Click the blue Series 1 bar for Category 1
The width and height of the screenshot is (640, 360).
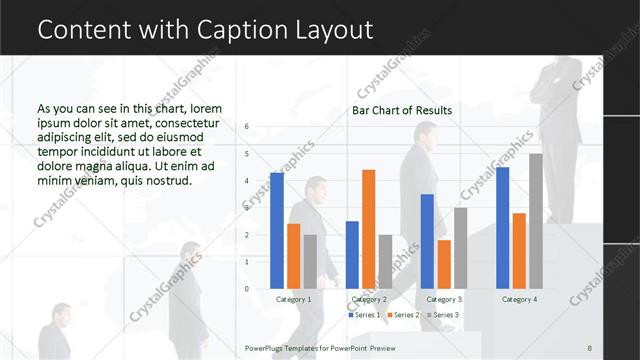pos(277,230)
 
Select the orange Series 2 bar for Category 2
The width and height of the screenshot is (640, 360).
pos(368,229)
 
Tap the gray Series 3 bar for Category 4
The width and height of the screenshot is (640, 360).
pos(536,220)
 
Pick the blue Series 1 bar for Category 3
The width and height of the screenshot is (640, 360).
pos(427,241)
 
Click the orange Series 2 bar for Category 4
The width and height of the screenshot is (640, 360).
pos(519,250)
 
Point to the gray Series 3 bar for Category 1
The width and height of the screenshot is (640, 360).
pos(310,261)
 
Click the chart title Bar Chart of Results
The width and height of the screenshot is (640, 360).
pos(402,110)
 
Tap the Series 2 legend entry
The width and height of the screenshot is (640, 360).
pos(405,315)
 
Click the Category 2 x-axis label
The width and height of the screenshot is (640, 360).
pos(369,299)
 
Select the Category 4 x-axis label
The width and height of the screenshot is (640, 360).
pos(519,299)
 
